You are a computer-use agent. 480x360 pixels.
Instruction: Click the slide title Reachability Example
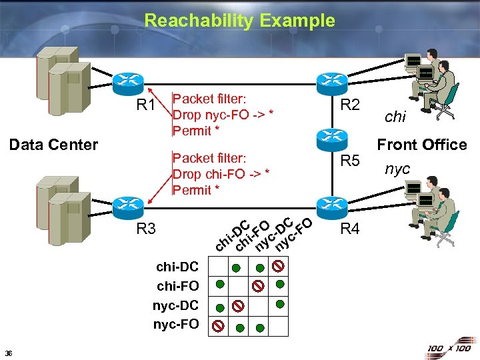[239, 21]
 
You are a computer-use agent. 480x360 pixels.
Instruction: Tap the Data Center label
[54, 145]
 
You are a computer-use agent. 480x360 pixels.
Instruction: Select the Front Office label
[422, 145]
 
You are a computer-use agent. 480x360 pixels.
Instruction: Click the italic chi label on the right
[395, 117]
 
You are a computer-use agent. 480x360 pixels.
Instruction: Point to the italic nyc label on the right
[397, 169]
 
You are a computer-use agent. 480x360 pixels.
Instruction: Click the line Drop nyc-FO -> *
[223, 115]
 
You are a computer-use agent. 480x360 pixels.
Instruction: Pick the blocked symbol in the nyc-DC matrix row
[238, 306]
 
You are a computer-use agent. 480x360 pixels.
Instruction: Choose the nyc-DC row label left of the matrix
[176, 305]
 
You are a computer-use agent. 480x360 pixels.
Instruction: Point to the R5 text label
[350, 161]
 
